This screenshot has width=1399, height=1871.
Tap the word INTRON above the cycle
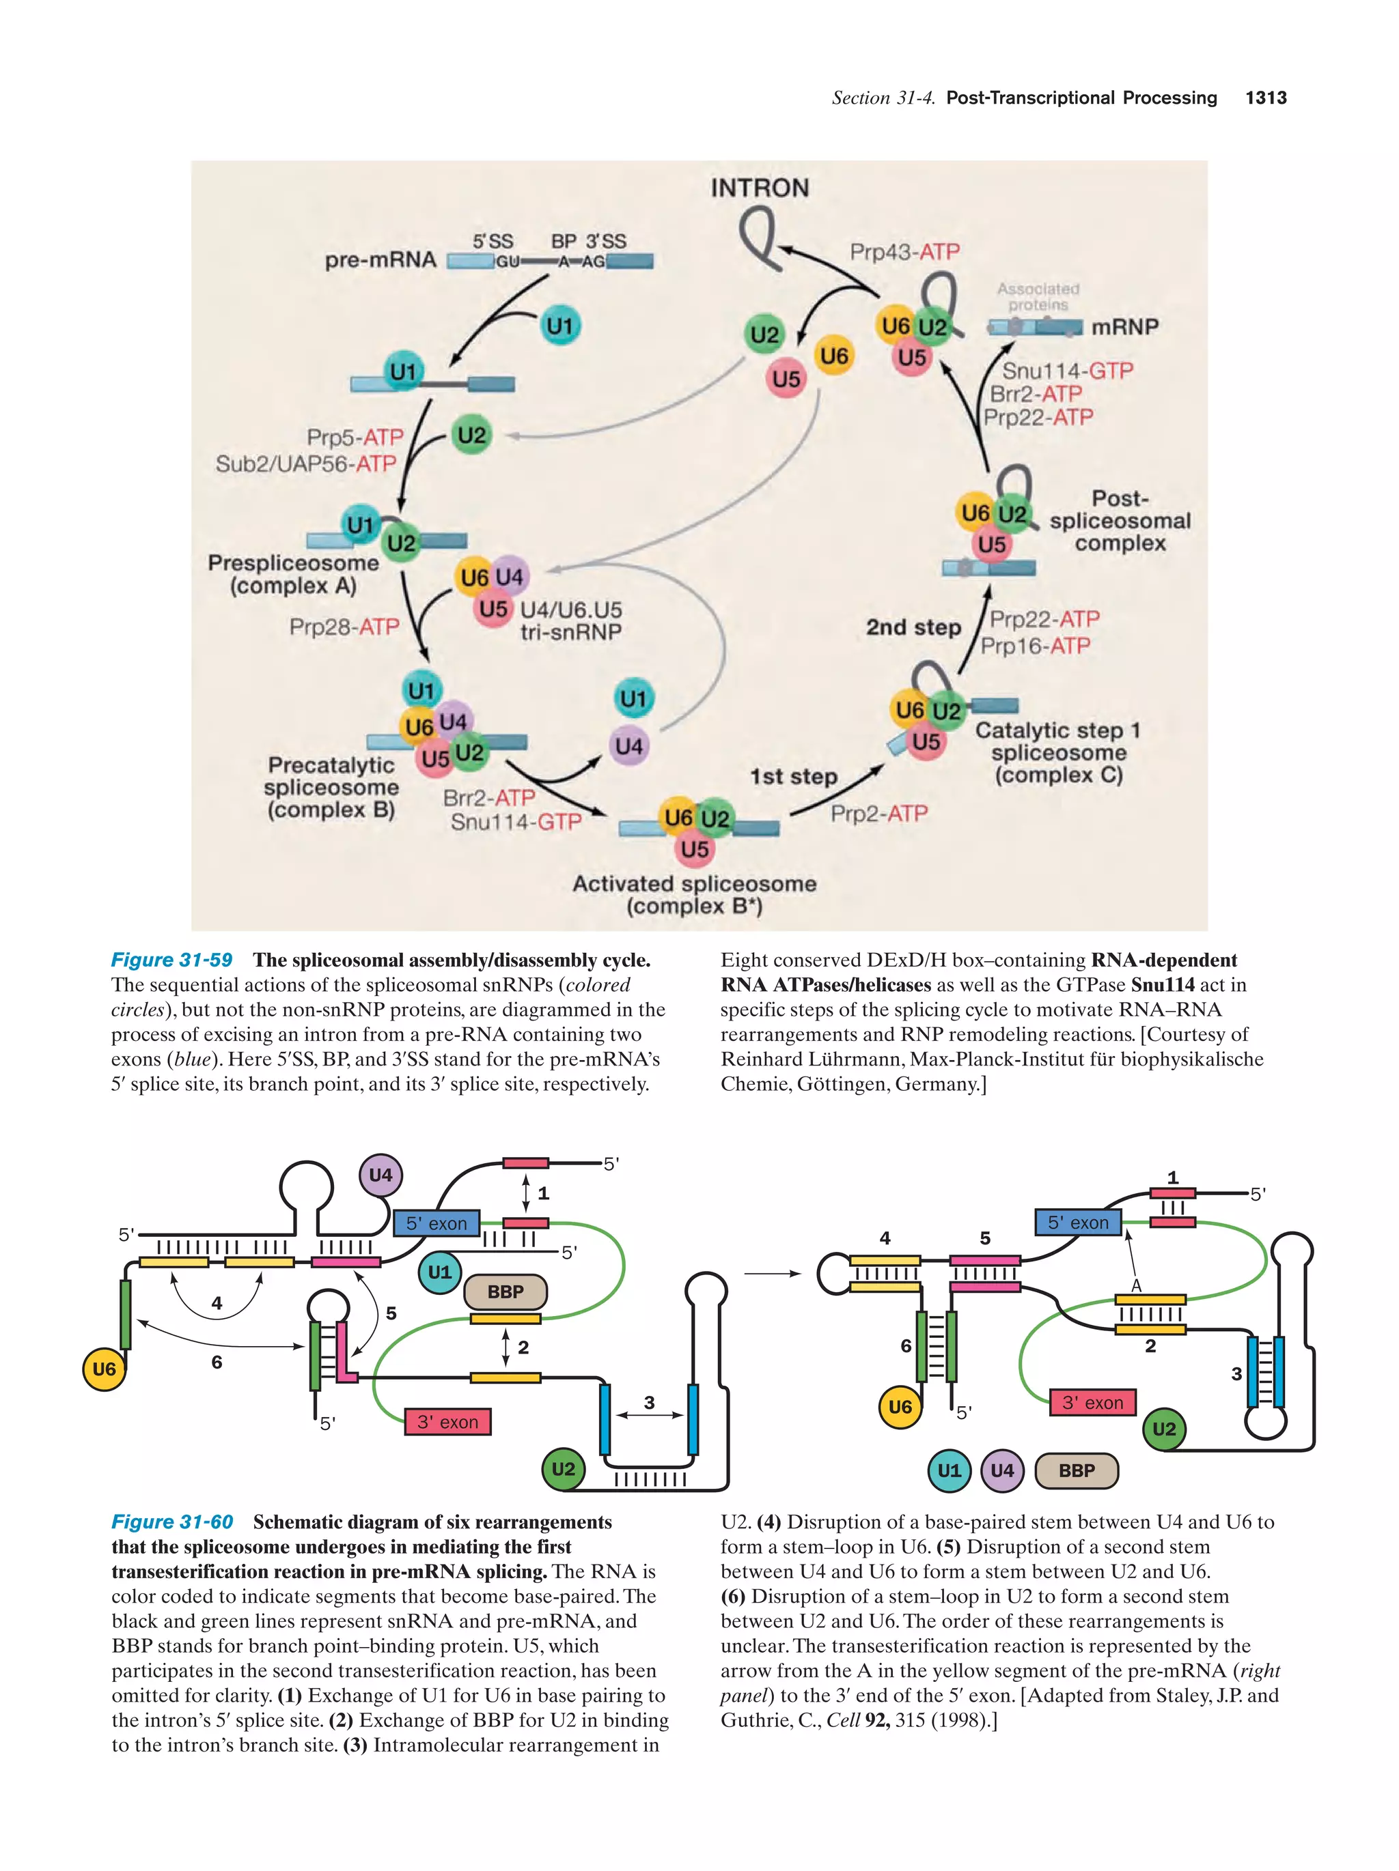pos(759,188)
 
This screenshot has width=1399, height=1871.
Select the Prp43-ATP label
pos(904,252)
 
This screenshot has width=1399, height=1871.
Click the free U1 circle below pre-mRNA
pos(559,326)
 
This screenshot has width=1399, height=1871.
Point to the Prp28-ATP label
pos(344,627)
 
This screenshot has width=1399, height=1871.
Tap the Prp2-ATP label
pos(878,813)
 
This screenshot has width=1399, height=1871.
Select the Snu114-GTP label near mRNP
pos(1066,371)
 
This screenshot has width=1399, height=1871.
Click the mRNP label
pos(1124,326)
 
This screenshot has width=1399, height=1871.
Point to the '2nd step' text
pos(913,627)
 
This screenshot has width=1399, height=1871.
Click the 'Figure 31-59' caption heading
pos(172,960)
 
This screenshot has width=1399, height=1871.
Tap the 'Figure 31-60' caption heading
pos(172,1522)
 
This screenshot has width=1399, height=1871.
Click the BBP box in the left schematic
pos(505,1291)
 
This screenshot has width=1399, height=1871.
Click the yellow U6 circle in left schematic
pos(103,1369)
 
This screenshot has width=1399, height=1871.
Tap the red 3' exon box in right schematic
pos(1092,1403)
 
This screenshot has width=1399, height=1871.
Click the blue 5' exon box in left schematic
pos(436,1223)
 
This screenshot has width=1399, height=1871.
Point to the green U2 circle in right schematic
pos(1164,1429)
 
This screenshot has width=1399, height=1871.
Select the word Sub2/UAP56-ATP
pos(305,463)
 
